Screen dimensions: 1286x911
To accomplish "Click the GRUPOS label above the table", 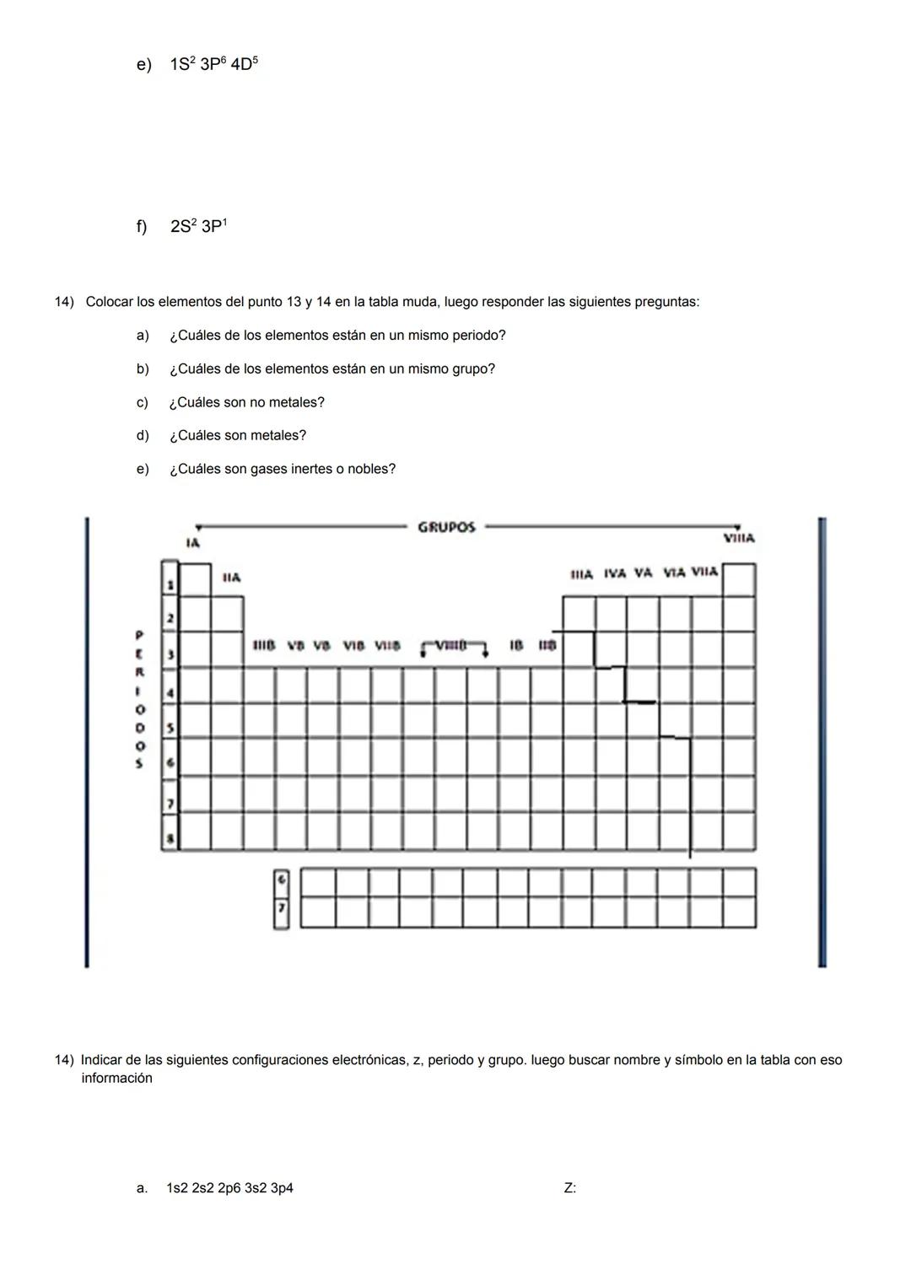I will coord(446,527).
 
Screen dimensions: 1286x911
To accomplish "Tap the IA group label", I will coord(193,543).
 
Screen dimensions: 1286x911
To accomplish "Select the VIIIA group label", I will coord(739,538).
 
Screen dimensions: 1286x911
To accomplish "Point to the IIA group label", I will coord(231,578).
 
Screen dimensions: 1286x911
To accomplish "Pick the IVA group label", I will coord(615,573).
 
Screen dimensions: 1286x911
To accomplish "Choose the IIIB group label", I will coord(264,646).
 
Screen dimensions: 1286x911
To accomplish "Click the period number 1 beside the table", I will coord(170,584).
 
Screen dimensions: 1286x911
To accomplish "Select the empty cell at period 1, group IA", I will coord(196,580).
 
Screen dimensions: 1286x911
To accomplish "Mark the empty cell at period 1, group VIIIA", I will coord(739,580).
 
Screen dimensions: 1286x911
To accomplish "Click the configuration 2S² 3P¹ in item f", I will coord(198,227).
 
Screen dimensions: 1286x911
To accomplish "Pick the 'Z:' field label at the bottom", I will coord(570,1188).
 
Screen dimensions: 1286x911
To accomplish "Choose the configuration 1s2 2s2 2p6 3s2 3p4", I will coord(229,1188).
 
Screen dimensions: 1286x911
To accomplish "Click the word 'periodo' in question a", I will coord(476,336).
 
